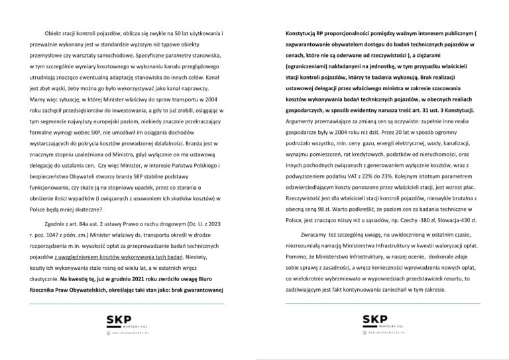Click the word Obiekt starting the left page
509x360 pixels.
pyautogui.click(x=54, y=33)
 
